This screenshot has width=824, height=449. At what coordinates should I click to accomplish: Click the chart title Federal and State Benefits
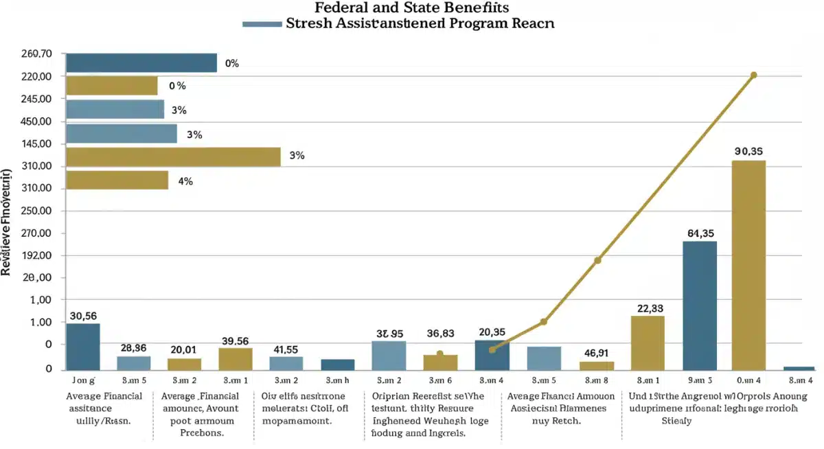click(x=412, y=8)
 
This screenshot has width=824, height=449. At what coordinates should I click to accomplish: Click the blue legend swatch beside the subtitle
click(x=262, y=23)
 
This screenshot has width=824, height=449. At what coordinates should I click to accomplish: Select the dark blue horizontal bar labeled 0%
click(x=141, y=63)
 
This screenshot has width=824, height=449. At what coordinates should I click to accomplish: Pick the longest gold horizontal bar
click(x=173, y=157)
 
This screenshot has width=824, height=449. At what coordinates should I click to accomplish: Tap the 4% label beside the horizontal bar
click(x=185, y=181)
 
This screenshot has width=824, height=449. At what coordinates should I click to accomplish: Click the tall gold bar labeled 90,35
click(x=748, y=266)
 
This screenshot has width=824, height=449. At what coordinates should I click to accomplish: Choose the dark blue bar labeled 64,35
click(x=699, y=306)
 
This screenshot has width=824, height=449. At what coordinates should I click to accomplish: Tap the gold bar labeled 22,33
click(x=648, y=343)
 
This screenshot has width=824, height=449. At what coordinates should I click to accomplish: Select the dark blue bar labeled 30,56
click(x=83, y=347)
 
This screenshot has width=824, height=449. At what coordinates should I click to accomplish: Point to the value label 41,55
click(x=286, y=349)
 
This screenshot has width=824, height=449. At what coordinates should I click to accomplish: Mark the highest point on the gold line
click(x=753, y=75)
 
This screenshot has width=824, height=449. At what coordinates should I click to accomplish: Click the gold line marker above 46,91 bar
click(x=597, y=260)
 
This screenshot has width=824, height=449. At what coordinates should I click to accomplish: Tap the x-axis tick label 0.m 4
click(x=748, y=379)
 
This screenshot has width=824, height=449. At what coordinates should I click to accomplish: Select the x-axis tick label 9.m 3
click(x=699, y=379)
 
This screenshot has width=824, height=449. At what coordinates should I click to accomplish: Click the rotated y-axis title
click(x=8, y=221)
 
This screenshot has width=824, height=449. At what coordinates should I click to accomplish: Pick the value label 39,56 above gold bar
click(x=236, y=341)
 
